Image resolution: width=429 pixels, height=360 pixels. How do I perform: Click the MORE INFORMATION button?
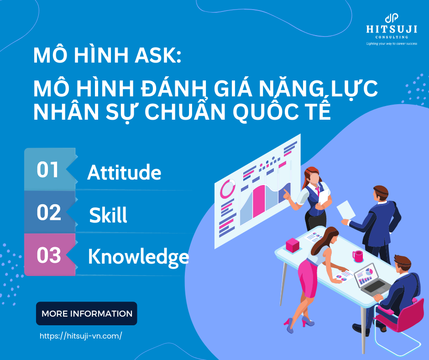point(87,314)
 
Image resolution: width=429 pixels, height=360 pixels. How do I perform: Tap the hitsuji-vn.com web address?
point(81,336)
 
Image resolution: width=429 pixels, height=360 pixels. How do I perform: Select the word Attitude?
point(124,173)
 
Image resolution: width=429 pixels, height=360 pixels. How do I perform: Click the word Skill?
point(108,215)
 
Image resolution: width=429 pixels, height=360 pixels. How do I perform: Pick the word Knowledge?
point(138,257)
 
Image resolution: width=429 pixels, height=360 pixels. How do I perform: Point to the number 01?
point(48,170)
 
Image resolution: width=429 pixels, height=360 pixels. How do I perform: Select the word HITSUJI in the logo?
point(392,29)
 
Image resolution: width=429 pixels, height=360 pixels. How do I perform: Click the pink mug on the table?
point(358,256)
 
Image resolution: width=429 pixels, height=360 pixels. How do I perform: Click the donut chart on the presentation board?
point(227,188)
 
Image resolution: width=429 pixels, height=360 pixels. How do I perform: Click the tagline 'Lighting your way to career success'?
point(392,44)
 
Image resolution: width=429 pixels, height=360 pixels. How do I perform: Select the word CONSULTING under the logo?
point(392,37)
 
